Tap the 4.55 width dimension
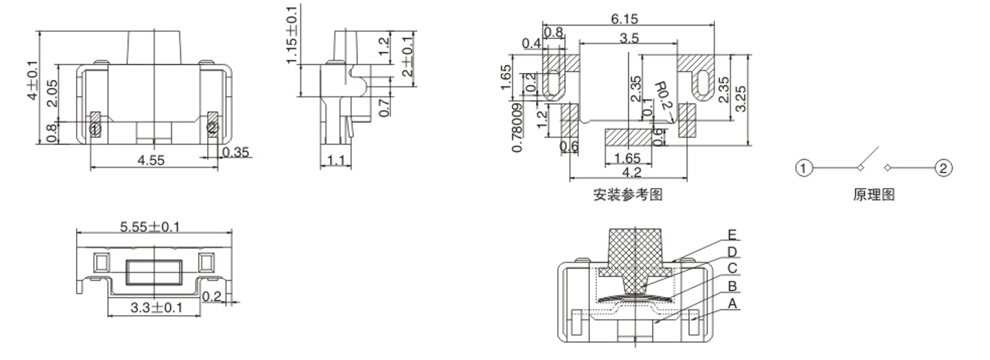pyautogui.click(x=151, y=160)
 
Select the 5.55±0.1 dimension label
pyautogui.click(x=150, y=227)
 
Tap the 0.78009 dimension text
pyautogui.click(x=518, y=129)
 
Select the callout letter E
pyautogui.click(x=732, y=235)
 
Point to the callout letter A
pyautogui.click(x=732, y=303)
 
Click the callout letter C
pyautogui.click(x=732, y=268)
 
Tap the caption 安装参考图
pyautogui.click(x=627, y=195)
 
